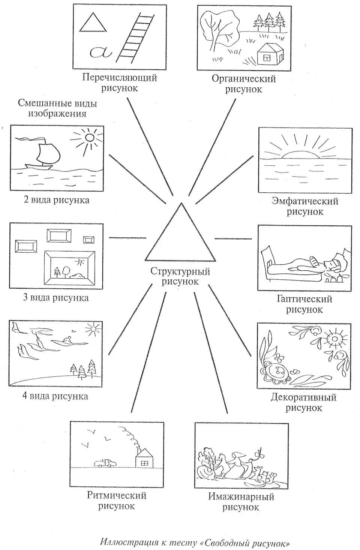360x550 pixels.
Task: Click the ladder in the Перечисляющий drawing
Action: tap(135, 38)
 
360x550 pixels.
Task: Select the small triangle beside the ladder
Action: tap(93, 22)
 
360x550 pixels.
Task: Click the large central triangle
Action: tap(180, 232)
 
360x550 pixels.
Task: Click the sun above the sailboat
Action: tap(90, 138)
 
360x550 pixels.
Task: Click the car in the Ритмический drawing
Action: tap(105, 463)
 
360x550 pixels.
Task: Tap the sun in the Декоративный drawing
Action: tap(334, 339)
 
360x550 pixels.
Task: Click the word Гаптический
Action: tap(304, 299)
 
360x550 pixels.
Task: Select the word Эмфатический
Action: tap(305, 201)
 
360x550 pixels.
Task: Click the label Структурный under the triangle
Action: tap(180, 271)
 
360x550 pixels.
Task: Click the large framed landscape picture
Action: tap(70, 268)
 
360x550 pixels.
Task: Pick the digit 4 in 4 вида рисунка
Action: tap(25, 396)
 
